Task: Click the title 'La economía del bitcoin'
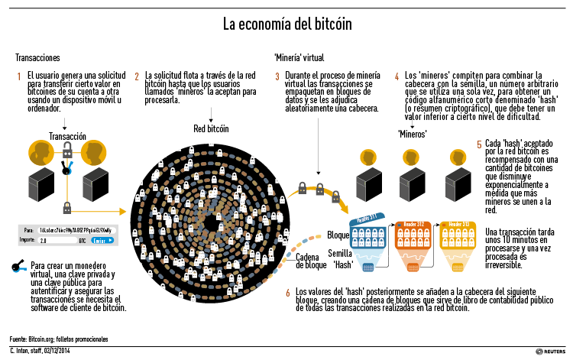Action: [x=287, y=24]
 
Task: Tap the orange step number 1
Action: [x=19, y=76]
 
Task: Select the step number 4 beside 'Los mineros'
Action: [x=397, y=76]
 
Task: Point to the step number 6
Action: [x=287, y=293]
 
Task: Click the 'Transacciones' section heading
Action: [x=37, y=57]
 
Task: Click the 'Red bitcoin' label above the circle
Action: [x=210, y=128]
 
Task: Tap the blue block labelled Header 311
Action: [x=371, y=239]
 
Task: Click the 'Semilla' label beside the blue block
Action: [x=340, y=252]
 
